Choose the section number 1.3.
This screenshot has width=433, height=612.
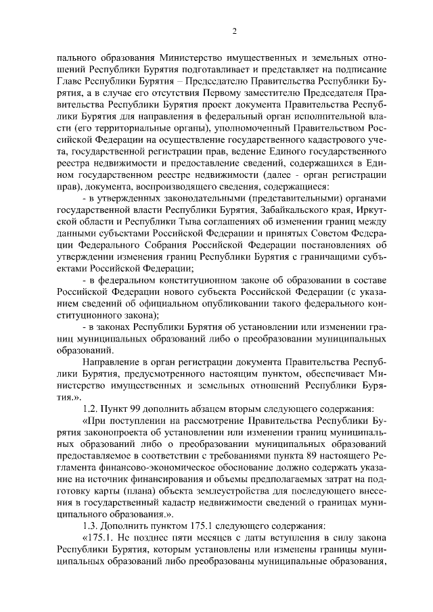(x=91, y=525)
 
